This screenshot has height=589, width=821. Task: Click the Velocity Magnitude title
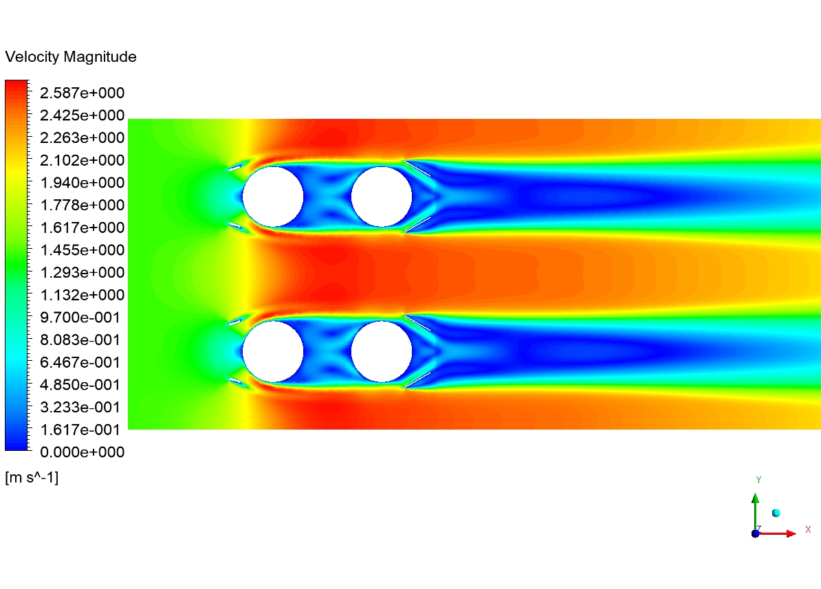(71, 56)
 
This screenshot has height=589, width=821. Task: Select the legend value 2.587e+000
(83, 93)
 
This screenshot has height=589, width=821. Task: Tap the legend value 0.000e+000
(83, 452)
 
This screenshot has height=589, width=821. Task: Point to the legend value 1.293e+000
(83, 272)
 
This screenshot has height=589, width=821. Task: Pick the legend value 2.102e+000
(83, 160)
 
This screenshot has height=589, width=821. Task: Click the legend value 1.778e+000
(83, 205)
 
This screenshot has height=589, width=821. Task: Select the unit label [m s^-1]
(32, 478)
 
